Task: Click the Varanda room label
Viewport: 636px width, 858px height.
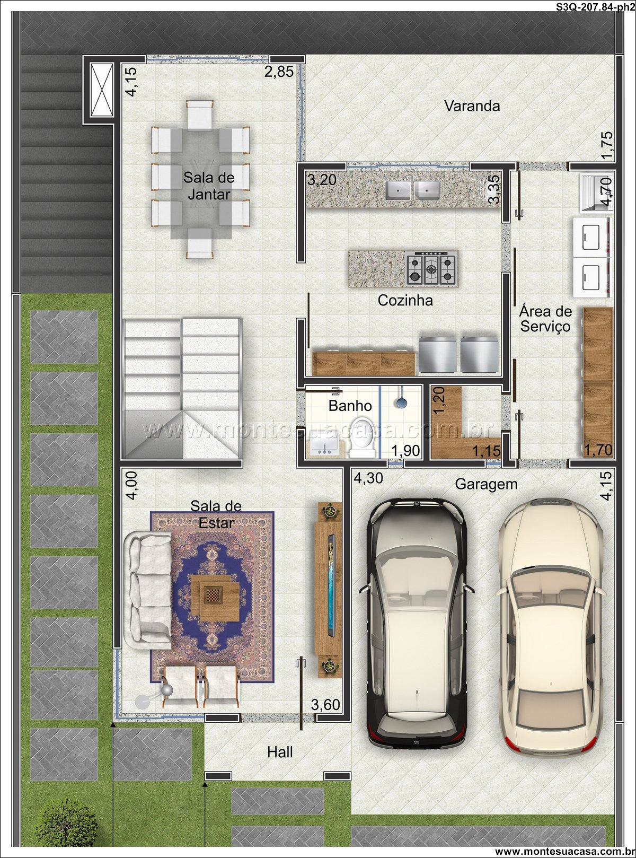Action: click(x=472, y=106)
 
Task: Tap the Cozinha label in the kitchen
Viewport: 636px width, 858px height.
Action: click(x=405, y=301)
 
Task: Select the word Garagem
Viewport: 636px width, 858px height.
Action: click(x=486, y=484)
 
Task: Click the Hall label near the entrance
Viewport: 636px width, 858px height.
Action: click(x=280, y=752)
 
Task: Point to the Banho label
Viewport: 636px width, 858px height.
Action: click(x=350, y=406)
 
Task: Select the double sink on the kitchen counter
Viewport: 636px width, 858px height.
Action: click(x=412, y=190)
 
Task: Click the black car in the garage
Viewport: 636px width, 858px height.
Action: click(x=417, y=622)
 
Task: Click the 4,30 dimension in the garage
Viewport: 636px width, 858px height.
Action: click(x=368, y=478)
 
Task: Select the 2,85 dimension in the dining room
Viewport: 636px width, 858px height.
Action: click(x=279, y=72)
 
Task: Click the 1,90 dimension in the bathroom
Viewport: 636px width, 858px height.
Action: click(x=405, y=451)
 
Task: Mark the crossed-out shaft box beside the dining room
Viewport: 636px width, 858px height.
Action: click(x=102, y=90)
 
